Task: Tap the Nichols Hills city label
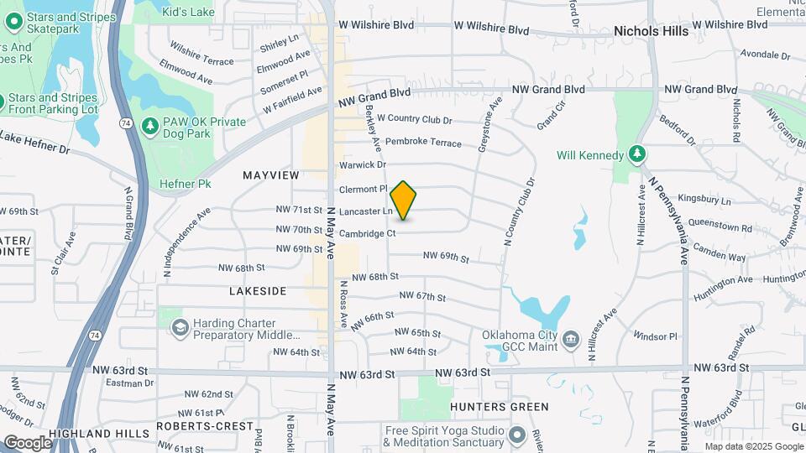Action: pos(651,31)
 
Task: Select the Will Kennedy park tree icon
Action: pos(637,154)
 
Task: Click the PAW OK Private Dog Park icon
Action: pos(150,126)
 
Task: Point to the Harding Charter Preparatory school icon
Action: pos(178,327)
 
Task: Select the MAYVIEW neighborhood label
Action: pos(270,175)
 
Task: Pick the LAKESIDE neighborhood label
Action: pos(258,291)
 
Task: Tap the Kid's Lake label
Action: pos(188,11)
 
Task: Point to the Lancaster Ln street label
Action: pos(365,211)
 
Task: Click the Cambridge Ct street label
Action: pos(367,233)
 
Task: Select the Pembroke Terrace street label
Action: pos(423,143)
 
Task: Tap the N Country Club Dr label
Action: pos(520,211)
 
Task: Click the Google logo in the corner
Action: pos(28,442)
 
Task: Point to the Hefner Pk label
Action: pos(184,184)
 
